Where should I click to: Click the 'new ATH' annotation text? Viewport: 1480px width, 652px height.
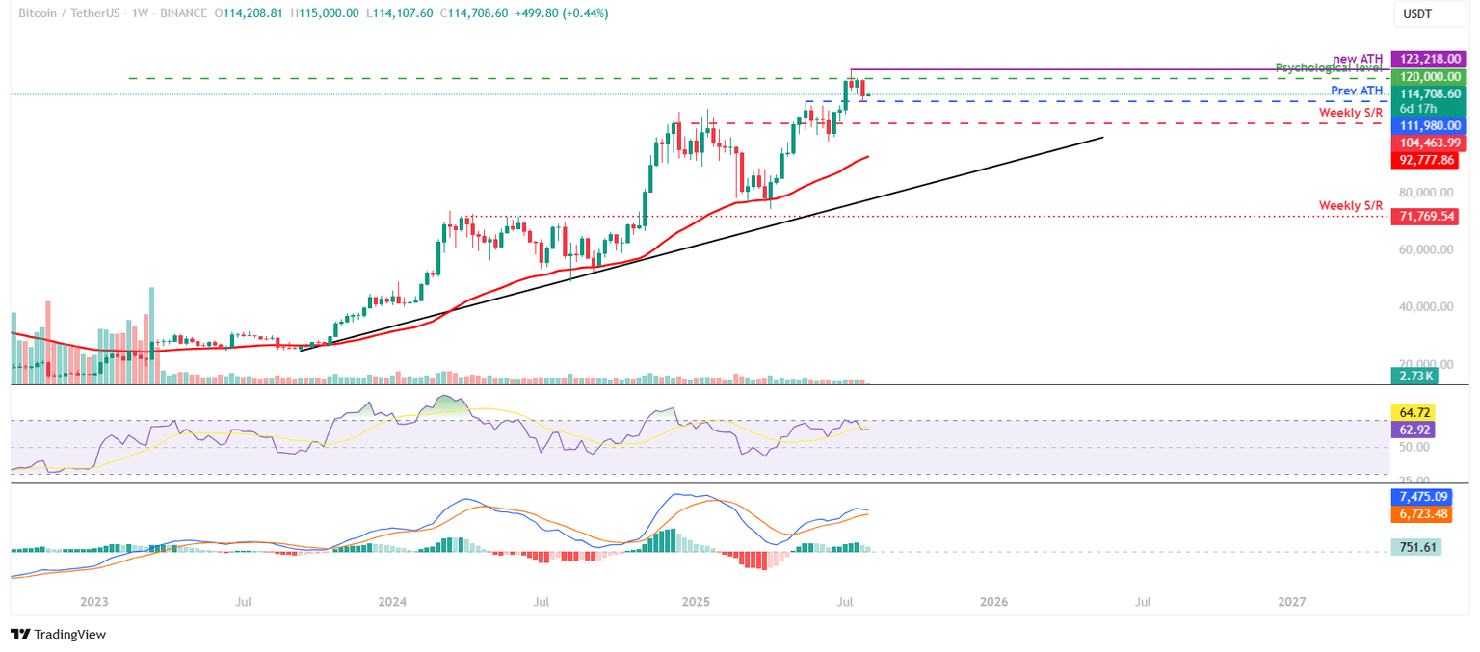click(1358, 59)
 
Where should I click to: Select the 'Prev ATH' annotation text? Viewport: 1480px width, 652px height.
click(1357, 91)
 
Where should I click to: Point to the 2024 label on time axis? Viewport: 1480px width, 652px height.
click(392, 602)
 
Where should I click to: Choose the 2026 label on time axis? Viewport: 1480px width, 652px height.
click(993, 602)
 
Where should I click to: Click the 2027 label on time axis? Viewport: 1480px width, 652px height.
click(1291, 602)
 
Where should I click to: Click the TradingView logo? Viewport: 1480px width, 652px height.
click(59, 634)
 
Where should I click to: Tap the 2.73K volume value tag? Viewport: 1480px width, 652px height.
click(1414, 377)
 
